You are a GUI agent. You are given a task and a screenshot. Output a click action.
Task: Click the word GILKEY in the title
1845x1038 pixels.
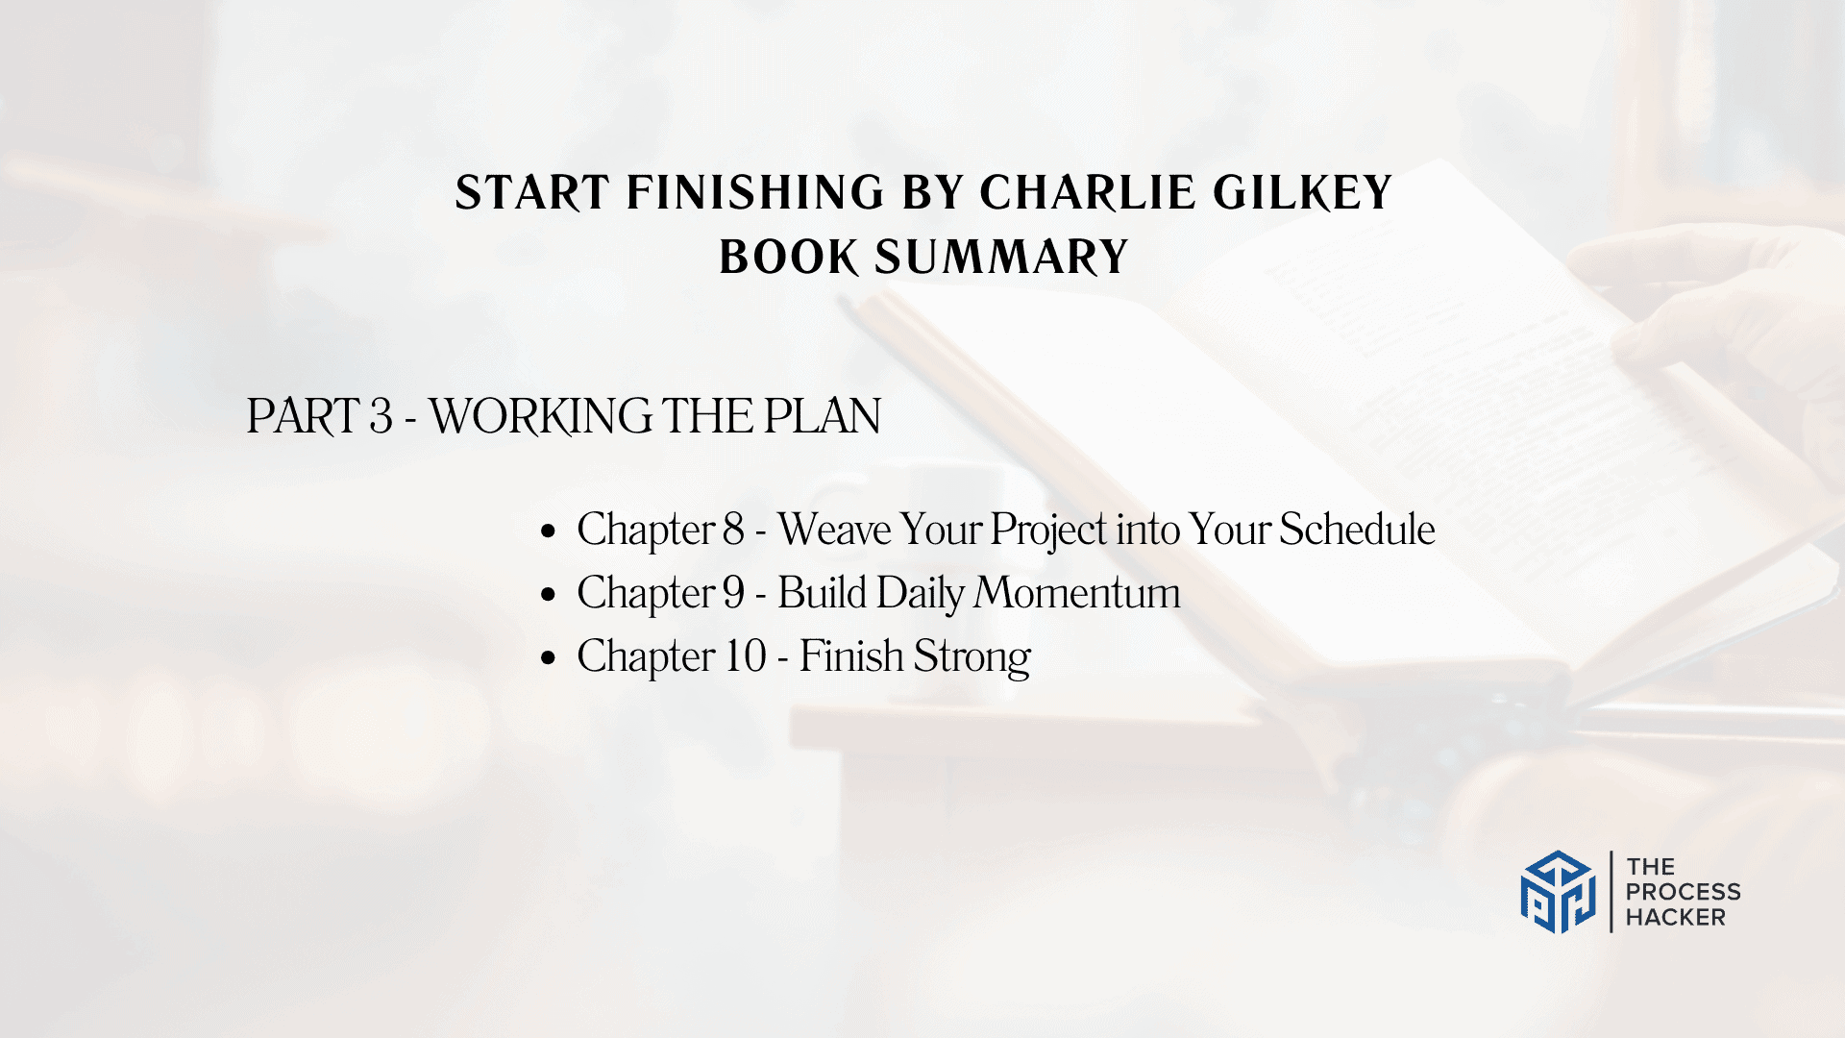click(1302, 192)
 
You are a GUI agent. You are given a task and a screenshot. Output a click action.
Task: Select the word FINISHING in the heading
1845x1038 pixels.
click(755, 192)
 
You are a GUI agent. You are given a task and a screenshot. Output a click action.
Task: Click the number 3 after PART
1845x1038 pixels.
click(381, 416)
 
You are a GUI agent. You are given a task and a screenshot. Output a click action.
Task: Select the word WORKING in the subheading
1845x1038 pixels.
click(540, 416)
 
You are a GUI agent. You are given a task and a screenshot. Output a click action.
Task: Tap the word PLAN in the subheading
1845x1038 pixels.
click(822, 416)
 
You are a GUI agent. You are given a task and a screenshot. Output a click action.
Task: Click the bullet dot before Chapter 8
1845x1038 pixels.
click(549, 531)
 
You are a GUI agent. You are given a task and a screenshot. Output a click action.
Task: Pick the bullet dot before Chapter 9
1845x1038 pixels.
click(549, 594)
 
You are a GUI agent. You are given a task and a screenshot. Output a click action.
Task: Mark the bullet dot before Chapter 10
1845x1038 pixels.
click(549, 657)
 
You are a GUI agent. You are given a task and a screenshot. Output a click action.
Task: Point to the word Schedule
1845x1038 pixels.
click(1357, 530)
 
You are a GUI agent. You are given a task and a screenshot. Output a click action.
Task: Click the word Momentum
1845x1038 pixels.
click(1078, 593)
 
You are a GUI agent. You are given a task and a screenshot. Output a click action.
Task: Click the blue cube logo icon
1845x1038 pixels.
click(1558, 892)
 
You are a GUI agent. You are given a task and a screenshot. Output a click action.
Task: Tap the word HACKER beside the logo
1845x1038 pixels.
click(1676, 918)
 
